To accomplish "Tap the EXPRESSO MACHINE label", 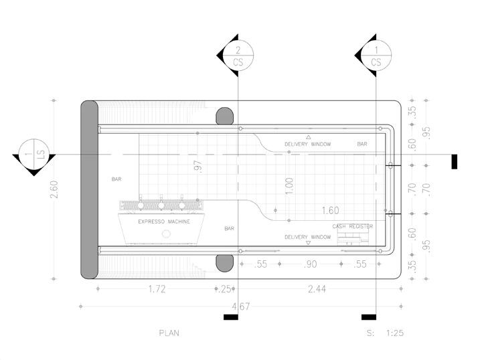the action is [x=164, y=221].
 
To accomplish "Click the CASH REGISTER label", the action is [x=353, y=226].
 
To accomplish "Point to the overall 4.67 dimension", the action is [x=241, y=306].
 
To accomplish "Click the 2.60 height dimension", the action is [x=54, y=189].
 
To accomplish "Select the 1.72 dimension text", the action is [x=157, y=289].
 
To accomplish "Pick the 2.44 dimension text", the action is [x=317, y=289].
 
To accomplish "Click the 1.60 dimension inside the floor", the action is [x=330, y=210].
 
